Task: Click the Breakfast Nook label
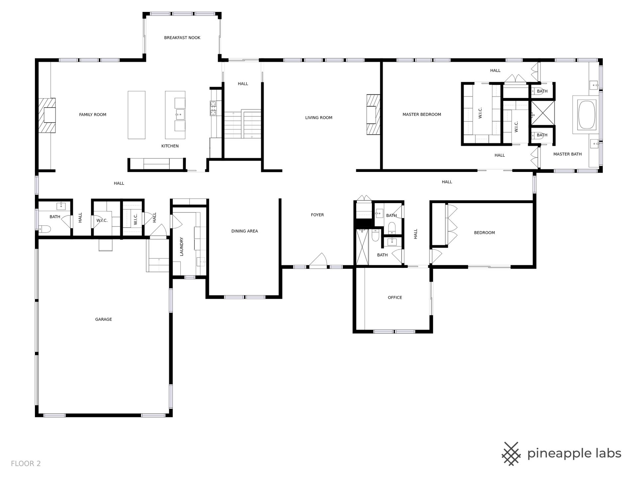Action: pyautogui.click(x=182, y=38)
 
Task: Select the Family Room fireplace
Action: pyautogui.click(x=47, y=115)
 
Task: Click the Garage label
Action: pyautogui.click(x=103, y=319)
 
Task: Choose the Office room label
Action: pyautogui.click(x=395, y=297)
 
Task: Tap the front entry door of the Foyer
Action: pyautogui.click(x=318, y=261)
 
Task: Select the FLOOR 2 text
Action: pyautogui.click(x=26, y=463)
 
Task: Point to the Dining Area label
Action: pyautogui.click(x=245, y=231)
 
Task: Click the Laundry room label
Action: pyautogui.click(x=181, y=246)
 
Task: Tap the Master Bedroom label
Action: pyautogui.click(x=422, y=115)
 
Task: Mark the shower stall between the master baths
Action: pyautogui.click(x=543, y=113)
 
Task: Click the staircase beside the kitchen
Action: pyautogui.click(x=243, y=124)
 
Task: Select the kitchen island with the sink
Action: pyautogui.click(x=175, y=115)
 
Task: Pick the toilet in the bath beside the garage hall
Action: pyautogui.click(x=44, y=228)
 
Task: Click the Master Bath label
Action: pyautogui.click(x=567, y=154)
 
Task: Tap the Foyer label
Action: pyautogui.click(x=317, y=215)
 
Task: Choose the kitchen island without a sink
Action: pyautogui.click(x=137, y=115)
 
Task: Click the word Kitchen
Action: pyautogui.click(x=170, y=146)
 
